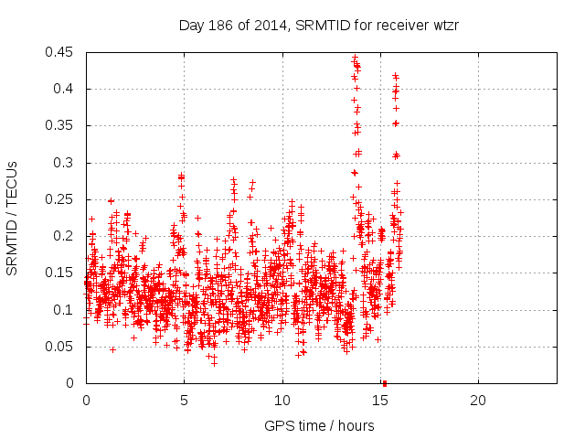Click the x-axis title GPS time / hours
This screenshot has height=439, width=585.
coord(318,425)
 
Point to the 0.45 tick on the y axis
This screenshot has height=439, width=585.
coord(62,52)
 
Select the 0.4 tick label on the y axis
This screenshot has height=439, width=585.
coord(66,89)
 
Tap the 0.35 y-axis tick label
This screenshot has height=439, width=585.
coord(62,126)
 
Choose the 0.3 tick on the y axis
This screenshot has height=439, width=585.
coord(66,163)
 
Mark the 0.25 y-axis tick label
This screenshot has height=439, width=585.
coord(62,199)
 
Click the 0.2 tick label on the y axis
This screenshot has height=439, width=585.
coord(66,236)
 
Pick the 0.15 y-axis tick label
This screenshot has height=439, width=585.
coord(62,273)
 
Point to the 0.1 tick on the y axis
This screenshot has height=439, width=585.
coord(66,310)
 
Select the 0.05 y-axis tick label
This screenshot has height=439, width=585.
coord(62,347)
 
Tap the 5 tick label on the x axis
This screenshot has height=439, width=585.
coord(184,401)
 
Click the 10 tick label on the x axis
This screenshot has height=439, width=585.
coord(282,401)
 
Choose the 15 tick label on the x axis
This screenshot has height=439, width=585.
coord(380,401)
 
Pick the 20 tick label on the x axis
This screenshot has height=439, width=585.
coord(478,401)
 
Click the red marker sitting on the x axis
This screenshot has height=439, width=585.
coord(385,383)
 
